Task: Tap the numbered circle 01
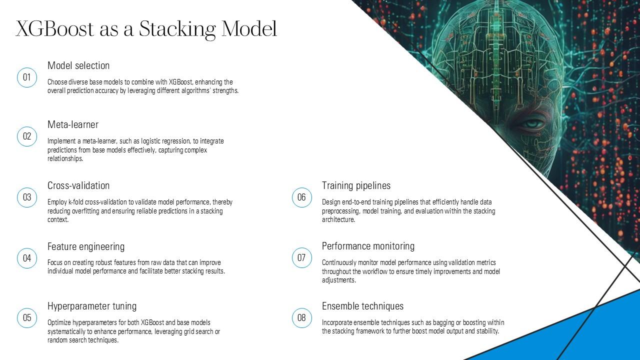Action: pos(27,77)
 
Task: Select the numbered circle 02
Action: pos(27,136)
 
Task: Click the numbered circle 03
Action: pos(27,197)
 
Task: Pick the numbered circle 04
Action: pos(27,258)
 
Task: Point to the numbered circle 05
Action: pos(27,318)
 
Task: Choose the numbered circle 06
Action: pos(301,197)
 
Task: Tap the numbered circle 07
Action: pos(301,258)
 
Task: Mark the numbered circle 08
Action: pos(301,318)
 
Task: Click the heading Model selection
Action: pos(78,65)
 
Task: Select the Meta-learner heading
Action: pos(73,124)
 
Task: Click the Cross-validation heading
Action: pos(78,185)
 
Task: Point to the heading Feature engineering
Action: pos(86,246)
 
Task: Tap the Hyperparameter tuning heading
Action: pos(92,306)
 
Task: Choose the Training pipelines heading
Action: pos(356,185)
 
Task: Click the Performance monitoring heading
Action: pos(368,246)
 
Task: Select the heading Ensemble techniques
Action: pos(362,306)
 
